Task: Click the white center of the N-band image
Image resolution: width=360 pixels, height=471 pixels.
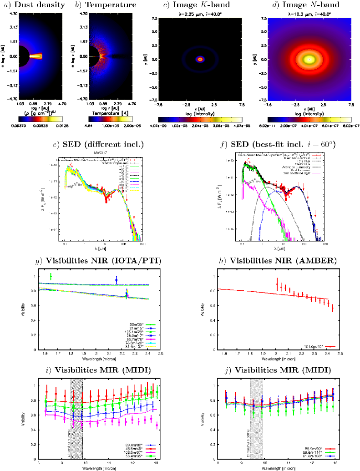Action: [x=309, y=59]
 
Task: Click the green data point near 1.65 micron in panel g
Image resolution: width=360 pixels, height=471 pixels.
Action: [x=51, y=276]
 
